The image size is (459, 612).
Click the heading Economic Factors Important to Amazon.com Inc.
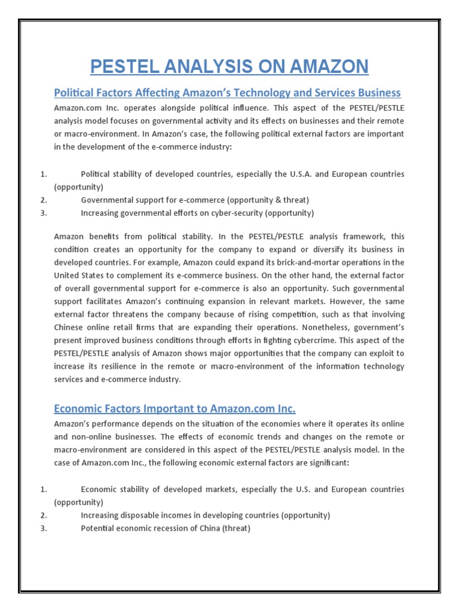click(175, 409)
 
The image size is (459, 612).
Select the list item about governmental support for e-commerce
click(195, 200)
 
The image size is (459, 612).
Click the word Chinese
click(72, 328)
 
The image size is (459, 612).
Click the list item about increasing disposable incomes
click(205, 515)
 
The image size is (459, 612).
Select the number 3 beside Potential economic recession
click(43, 528)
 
